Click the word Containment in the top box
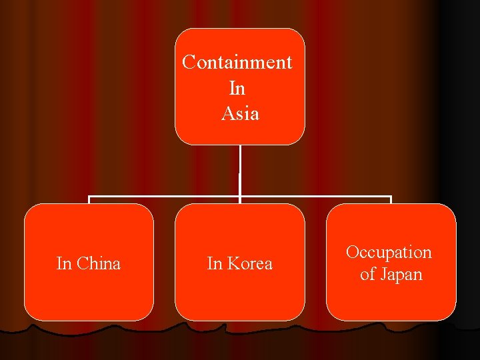point(237,62)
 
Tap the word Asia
point(240,113)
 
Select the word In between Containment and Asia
point(237,88)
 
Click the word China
point(99,263)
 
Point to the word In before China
point(64,263)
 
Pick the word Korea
point(249,263)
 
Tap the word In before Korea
point(215,263)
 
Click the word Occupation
point(389,253)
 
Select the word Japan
point(401,274)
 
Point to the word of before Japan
point(367,274)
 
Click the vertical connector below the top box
point(240,170)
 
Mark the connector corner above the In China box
point(89,197)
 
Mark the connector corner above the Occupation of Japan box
point(391,197)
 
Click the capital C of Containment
point(189,62)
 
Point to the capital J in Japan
point(383,274)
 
